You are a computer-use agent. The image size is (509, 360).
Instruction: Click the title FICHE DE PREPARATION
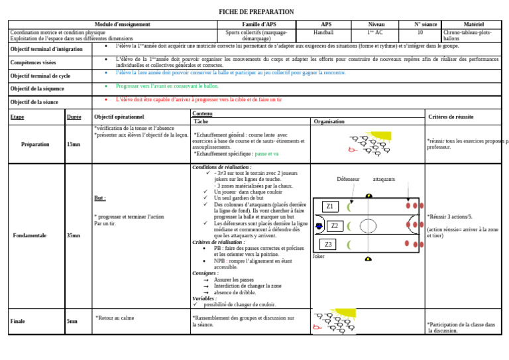click(x=256, y=12)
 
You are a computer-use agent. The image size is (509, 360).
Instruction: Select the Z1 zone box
click(x=329, y=207)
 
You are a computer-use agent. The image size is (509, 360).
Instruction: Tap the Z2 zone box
click(x=335, y=226)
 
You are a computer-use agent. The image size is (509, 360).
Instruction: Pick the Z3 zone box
click(x=329, y=245)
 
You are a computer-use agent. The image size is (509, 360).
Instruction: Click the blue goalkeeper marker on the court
click(x=319, y=226)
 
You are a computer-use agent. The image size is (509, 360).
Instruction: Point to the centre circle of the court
click(x=368, y=226)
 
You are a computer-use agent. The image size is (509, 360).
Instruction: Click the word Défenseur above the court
click(x=348, y=180)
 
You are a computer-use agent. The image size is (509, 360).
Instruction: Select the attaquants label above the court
click(x=384, y=180)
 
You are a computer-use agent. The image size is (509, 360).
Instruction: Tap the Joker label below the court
click(x=318, y=256)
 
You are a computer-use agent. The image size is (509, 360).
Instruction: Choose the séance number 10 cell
click(x=420, y=32)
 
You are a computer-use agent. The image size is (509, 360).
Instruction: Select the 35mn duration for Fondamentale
click(x=74, y=235)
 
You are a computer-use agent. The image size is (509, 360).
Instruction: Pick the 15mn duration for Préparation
click(x=74, y=144)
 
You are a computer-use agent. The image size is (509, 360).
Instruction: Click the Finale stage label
click(x=18, y=322)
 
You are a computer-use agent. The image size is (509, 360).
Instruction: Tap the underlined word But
click(x=100, y=198)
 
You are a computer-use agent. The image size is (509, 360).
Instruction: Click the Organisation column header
click(x=329, y=122)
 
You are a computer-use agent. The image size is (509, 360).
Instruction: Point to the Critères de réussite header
click(x=451, y=117)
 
